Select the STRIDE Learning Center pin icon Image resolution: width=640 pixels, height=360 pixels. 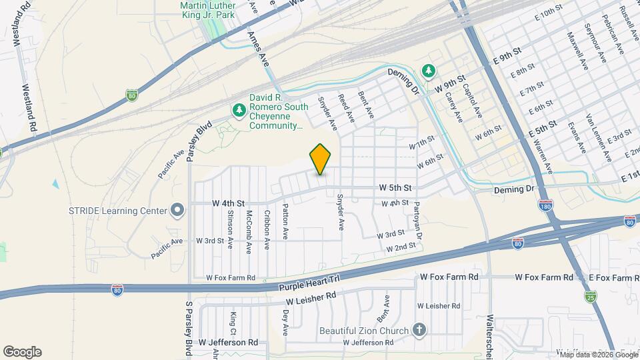(x=177, y=211)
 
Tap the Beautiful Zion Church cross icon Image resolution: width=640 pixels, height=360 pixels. (x=419, y=330)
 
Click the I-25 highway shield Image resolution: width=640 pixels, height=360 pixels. (x=590, y=295)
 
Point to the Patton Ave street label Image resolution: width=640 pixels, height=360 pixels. (x=285, y=221)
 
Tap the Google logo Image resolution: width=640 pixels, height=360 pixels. (x=22, y=351)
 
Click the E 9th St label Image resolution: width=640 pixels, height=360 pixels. (x=507, y=55)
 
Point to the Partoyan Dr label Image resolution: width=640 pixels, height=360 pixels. (x=419, y=221)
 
